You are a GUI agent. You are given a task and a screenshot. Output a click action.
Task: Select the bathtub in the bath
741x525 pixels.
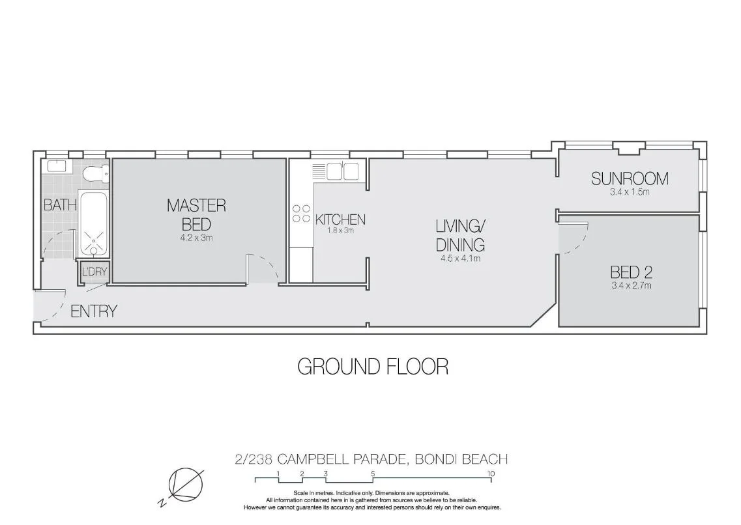point(95,221)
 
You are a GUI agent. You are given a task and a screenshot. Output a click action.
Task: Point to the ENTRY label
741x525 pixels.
point(94,311)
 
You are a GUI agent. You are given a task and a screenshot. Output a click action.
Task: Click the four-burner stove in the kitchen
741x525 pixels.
point(301,214)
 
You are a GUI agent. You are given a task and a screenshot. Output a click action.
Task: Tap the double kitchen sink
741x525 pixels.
point(343,171)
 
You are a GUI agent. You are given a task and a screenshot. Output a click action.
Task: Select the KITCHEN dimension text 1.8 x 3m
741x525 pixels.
point(340,231)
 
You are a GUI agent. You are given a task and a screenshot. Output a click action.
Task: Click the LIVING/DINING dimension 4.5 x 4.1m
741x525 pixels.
point(459,259)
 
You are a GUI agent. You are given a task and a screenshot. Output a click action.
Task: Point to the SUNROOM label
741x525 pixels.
point(630,178)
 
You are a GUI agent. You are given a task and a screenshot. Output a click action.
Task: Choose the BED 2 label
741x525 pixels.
point(631,272)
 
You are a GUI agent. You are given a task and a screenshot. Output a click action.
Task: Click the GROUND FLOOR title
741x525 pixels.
point(372,367)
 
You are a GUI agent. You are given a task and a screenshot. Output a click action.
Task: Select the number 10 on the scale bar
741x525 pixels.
point(491,474)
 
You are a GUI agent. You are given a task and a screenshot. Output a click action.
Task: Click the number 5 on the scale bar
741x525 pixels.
point(373,474)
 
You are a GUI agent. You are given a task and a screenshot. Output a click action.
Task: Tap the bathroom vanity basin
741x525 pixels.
point(57,167)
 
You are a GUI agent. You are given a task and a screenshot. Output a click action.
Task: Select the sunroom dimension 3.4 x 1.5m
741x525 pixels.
point(630,192)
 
